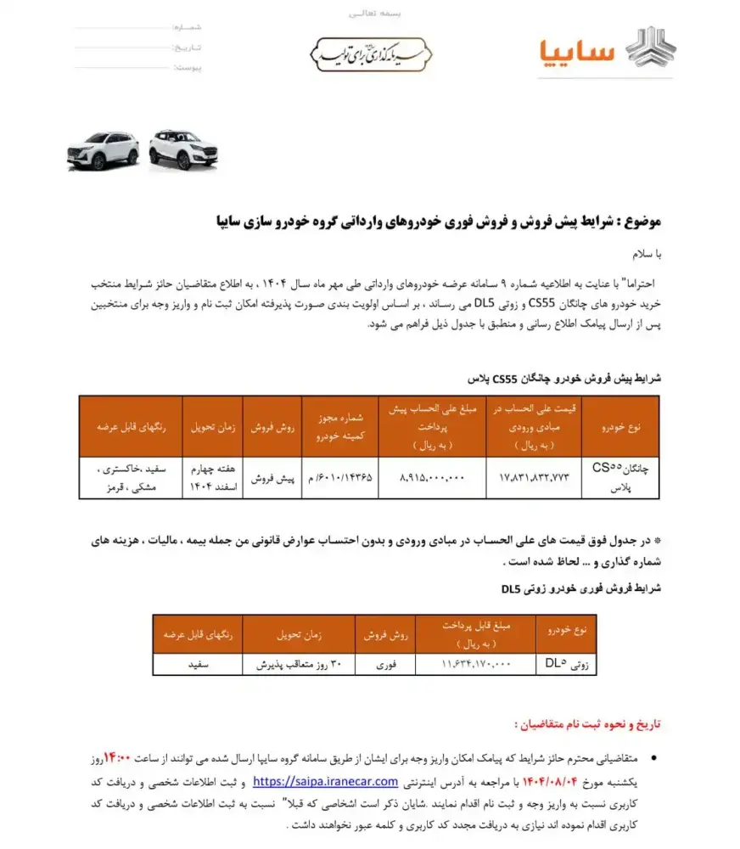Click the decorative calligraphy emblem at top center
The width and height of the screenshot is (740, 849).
click(369, 53)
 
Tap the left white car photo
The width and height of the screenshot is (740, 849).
click(103, 151)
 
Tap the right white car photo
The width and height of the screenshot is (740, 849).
click(182, 149)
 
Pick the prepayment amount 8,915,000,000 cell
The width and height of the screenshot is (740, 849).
click(431, 478)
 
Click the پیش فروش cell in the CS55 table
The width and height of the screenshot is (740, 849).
click(272, 478)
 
